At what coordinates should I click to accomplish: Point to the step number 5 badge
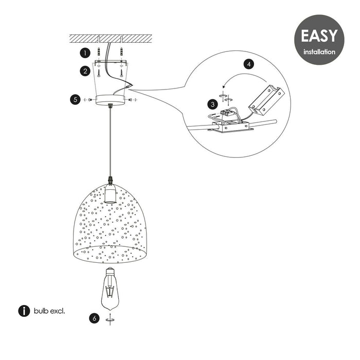point(77,99)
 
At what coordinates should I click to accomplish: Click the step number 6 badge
point(94,318)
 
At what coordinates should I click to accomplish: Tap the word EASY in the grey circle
point(319,35)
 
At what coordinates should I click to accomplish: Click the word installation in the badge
point(319,51)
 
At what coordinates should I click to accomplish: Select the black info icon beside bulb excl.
point(24,311)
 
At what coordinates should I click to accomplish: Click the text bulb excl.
point(50,311)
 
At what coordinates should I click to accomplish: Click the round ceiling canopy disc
point(110,99)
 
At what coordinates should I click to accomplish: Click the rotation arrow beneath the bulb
point(110,319)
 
